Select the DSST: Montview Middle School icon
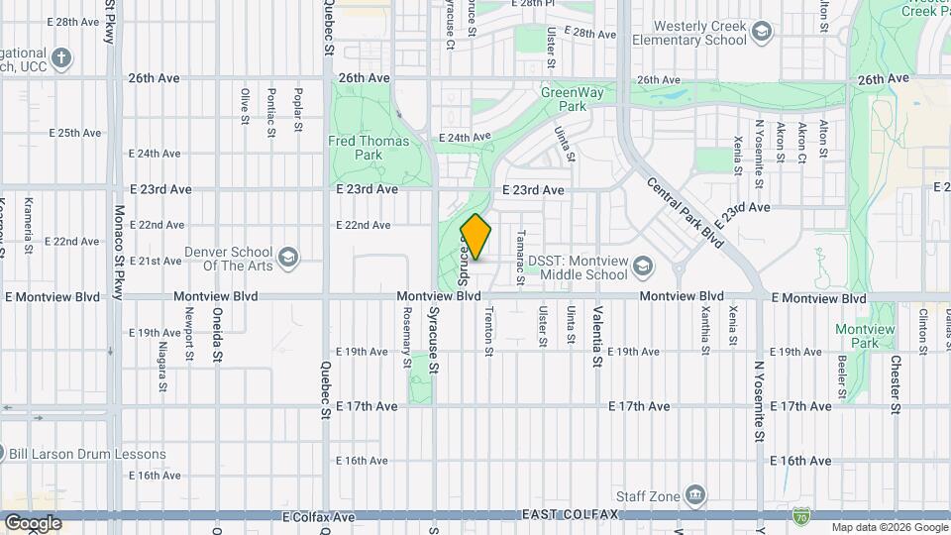[643, 267]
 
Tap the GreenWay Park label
[564, 99]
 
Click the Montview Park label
[858, 336]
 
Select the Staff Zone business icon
[696, 494]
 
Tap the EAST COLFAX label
[570, 515]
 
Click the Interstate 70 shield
[801, 515]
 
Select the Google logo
[32, 523]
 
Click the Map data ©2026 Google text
[889, 527]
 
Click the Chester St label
[895, 385]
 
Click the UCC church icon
[61, 57]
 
